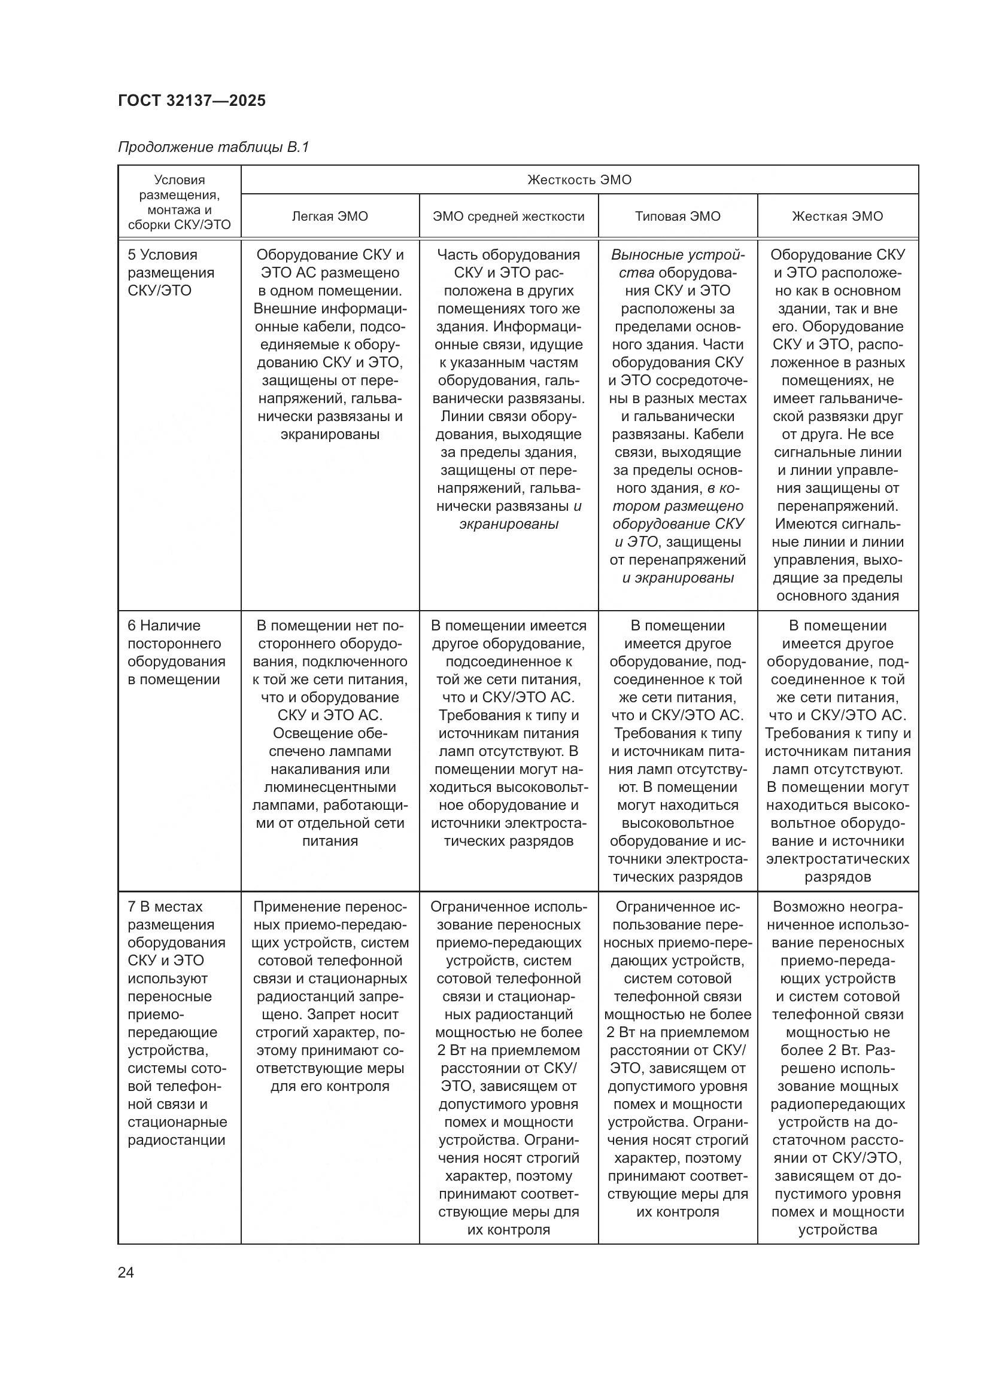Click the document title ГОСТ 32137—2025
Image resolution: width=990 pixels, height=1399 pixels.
tap(192, 100)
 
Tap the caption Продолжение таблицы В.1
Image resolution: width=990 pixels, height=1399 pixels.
tap(213, 147)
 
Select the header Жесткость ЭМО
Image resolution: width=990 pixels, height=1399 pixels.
tap(579, 180)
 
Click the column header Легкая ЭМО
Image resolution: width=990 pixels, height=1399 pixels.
tap(330, 217)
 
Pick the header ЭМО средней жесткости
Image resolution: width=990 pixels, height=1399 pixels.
tap(508, 217)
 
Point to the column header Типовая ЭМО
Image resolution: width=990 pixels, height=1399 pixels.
tap(678, 217)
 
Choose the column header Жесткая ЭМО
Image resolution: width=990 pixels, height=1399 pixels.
tap(837, 217)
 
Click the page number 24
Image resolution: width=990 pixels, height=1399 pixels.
tap(126, 1272)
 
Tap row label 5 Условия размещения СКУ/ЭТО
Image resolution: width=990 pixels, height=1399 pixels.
tap(171, 272)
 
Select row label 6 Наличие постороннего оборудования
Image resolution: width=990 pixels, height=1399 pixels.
tap(175, 652)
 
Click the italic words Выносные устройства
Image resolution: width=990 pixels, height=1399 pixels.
tap(678, 263)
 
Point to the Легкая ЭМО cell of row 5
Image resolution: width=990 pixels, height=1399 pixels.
tap(330, 345)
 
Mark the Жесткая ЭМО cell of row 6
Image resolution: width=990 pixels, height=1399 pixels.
tap(837, 751)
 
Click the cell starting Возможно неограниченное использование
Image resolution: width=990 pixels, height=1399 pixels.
tap(837, 1068)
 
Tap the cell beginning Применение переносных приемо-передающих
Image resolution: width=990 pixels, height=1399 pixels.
tap(330, 996)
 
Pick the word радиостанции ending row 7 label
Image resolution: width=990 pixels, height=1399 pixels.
tap(177, 1140)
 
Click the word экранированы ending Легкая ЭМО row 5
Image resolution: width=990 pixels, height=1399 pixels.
tap(330, 434)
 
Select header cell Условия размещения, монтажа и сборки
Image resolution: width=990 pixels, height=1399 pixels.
tap(179, 202)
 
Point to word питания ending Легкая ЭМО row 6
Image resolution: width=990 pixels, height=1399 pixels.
tap(330, 841)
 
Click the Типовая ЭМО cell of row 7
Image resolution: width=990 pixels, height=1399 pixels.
tap(678, 1059)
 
